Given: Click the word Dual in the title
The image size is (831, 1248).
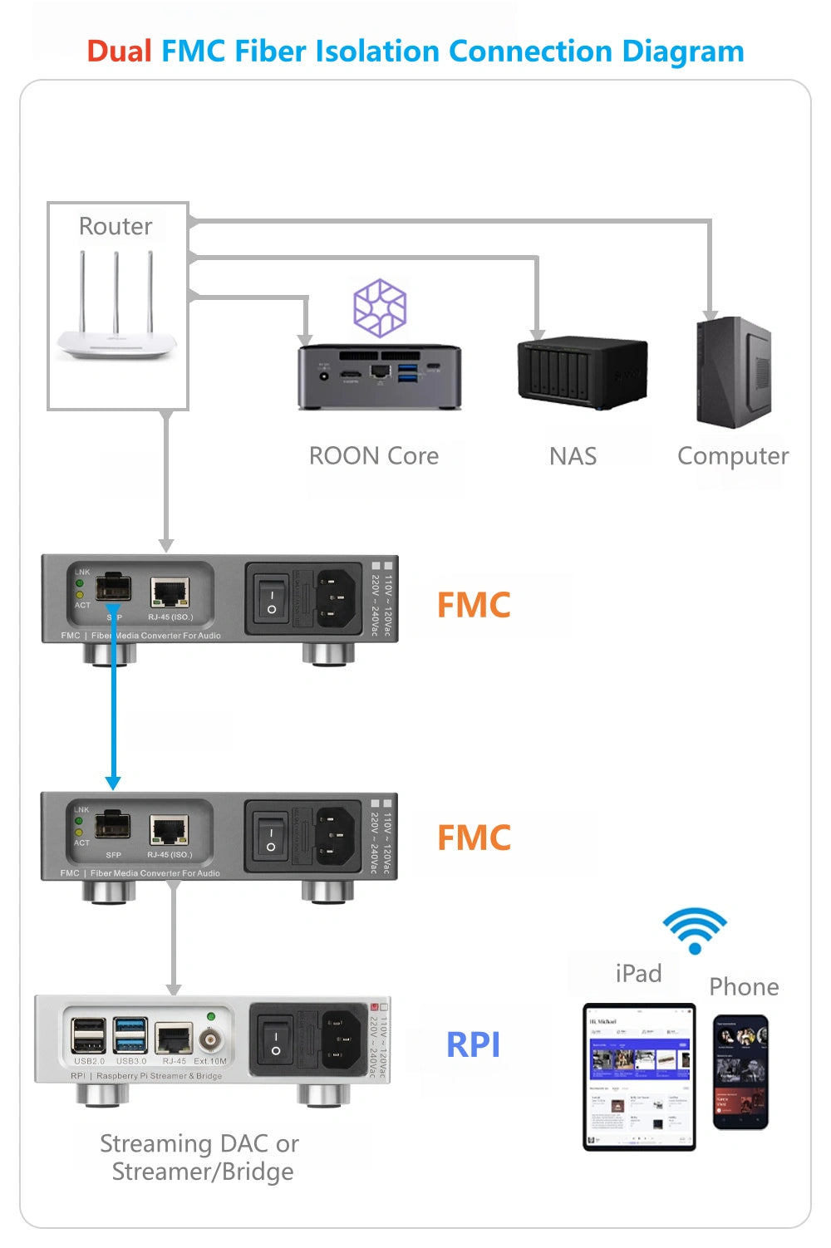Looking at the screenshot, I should (x=119, y=52).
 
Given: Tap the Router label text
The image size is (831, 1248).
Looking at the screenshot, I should (x=116, y=226).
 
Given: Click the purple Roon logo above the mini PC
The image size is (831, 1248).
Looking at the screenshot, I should (x=380, y=307).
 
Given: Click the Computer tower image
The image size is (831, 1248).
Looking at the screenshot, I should (x=734, y=372).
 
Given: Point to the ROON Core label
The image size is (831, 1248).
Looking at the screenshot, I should (x=374, y=456).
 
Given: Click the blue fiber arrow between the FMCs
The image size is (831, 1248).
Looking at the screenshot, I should (x=113, y=715).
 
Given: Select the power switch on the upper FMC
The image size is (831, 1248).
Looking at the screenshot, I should (x=271, y=598).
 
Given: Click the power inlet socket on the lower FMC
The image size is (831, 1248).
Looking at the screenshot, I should (x=336, y=836).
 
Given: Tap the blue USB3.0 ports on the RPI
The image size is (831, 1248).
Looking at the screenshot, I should (x=131, y=1035).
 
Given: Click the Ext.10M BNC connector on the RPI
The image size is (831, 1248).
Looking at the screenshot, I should (x=211, y=1039).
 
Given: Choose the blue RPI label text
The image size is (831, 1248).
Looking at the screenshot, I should (x=473, y=1044).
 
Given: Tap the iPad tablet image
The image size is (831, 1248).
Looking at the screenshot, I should (x=639, y=1077).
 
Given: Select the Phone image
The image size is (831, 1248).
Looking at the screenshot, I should (x=740, y=1072).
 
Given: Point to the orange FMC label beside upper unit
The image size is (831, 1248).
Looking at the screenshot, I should (x=474, y=605).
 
